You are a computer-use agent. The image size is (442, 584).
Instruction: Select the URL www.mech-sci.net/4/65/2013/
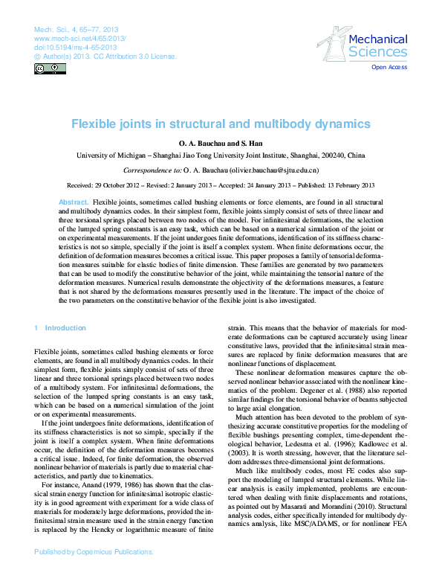(x=79, y=37)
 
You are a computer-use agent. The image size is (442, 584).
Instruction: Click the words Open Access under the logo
(x=389, y=67)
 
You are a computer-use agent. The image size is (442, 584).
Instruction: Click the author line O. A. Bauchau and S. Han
(x=221, y=143)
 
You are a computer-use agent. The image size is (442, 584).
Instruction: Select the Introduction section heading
(x=65, y=328)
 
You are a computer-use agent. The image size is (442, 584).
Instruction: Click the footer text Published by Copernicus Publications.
(x=94, y=573)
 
